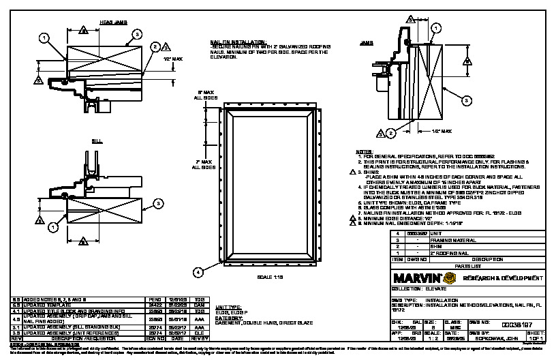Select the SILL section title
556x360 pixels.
[x=97, y=141]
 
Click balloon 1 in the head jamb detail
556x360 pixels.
[x=44, y=38]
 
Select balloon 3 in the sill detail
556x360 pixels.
[x=157, y=202]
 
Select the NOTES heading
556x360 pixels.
[x=365, y=151]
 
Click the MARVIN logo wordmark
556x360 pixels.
[x=416, y=278]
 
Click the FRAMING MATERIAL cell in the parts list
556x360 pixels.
[x=450, y=240]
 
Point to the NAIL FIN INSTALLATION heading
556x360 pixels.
[x=236, y=41]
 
